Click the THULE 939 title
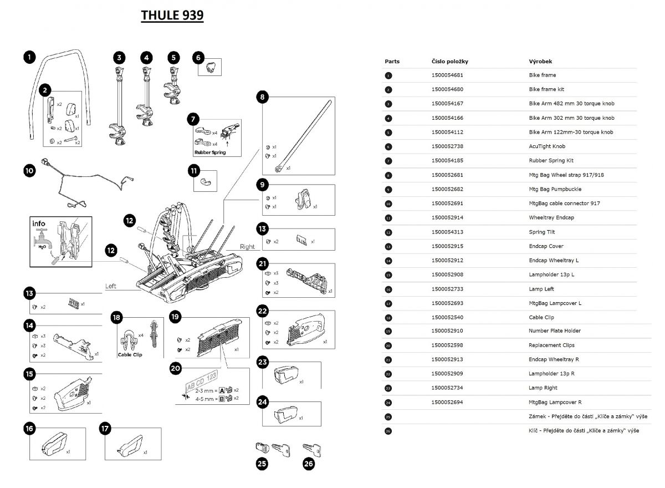tap(172, 16)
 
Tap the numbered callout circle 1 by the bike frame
tap(29, 57)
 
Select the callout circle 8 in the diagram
tap(262, 98)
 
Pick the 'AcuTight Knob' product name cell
tap(547, 146)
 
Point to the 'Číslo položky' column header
tap(449, 62)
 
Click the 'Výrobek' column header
tap(540, 62)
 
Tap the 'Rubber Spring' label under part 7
tap(210, 152)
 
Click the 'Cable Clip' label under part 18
tap(130, 354)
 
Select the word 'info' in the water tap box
tap(39, 224)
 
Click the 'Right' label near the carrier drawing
tap(247, 246)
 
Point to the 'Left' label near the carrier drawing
tap(111, 286)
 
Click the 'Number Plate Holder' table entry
tap(555, 331)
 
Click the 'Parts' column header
tap(392, 62)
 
